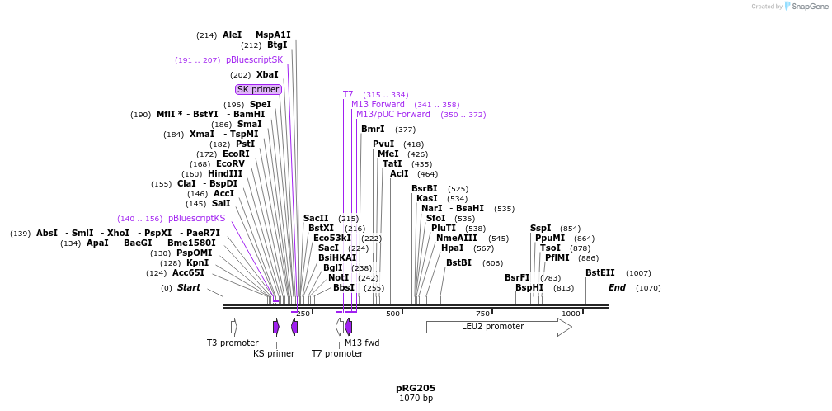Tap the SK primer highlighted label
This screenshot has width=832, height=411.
tap(258, 89)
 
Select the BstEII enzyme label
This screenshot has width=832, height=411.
tap(599, 273)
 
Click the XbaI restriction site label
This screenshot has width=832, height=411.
tap(267, 75)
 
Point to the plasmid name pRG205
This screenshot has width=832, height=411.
tap(416, 388)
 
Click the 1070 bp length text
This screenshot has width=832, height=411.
tap(416, 399)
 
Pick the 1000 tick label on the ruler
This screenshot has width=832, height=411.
tap(571, 314)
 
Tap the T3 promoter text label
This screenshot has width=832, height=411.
tap(233, 342)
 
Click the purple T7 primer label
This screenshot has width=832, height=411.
tap(348, 95)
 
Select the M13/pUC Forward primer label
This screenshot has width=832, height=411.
tap(393, 115)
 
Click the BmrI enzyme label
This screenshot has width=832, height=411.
tap(373, 130)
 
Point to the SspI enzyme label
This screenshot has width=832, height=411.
tap(541, 229)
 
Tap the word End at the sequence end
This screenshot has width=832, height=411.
tap(617, 288)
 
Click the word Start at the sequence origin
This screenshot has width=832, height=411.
tap(188, 288)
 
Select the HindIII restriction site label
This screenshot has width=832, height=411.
tap(225, 174)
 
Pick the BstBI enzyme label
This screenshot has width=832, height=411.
tap(458, 263)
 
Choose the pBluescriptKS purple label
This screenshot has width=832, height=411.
tap(196, 219)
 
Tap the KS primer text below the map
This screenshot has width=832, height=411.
tap(274, 354)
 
